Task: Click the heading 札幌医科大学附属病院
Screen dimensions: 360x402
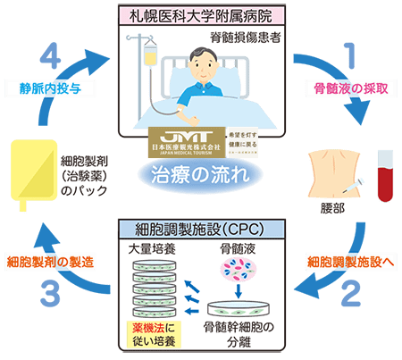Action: pyautogui.click(x=201, y=14)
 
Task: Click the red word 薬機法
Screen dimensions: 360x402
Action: pyautogui.click(x=144, y=328)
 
